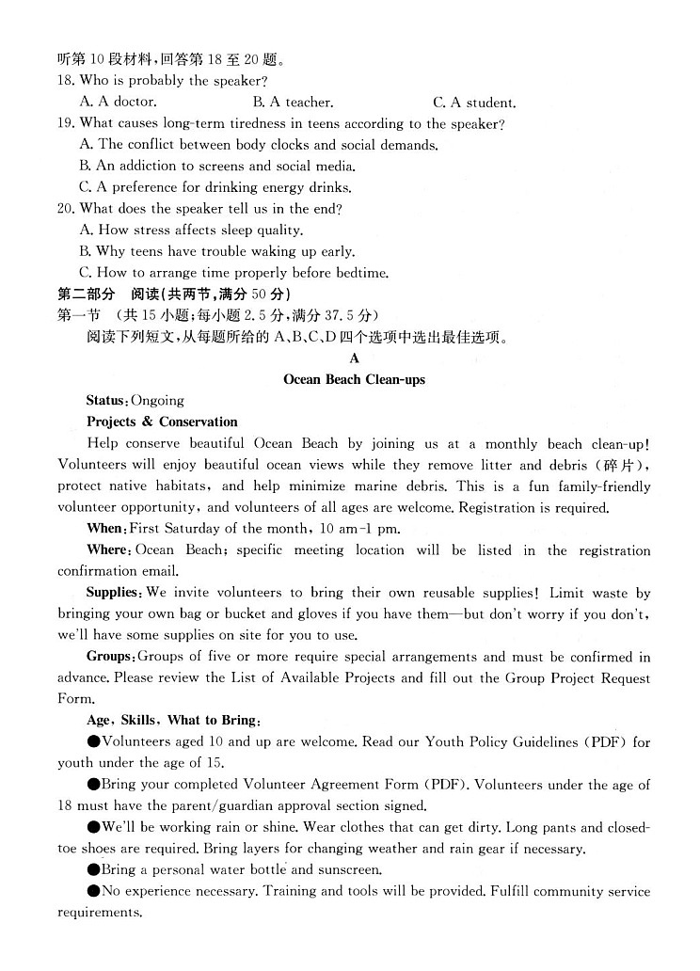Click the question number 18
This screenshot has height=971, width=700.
point(66,81)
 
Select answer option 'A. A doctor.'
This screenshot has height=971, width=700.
point(119,102)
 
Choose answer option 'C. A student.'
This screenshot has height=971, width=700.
point(474,103)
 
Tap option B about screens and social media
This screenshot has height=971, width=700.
point(217,166)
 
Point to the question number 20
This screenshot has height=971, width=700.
point(66,208)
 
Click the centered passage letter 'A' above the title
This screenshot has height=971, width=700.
point(354,358)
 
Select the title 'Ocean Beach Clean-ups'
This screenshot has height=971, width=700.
point(354,379)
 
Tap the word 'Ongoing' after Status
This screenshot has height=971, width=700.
point(158,401)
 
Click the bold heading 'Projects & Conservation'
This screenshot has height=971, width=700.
point(162,422)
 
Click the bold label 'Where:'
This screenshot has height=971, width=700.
point(108,549)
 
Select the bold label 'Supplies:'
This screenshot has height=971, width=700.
point(114,593)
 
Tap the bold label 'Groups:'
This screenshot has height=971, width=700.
point(110,657)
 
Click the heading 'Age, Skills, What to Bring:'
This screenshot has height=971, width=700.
point(173,720)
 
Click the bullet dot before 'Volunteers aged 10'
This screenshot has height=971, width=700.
point(93,741)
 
